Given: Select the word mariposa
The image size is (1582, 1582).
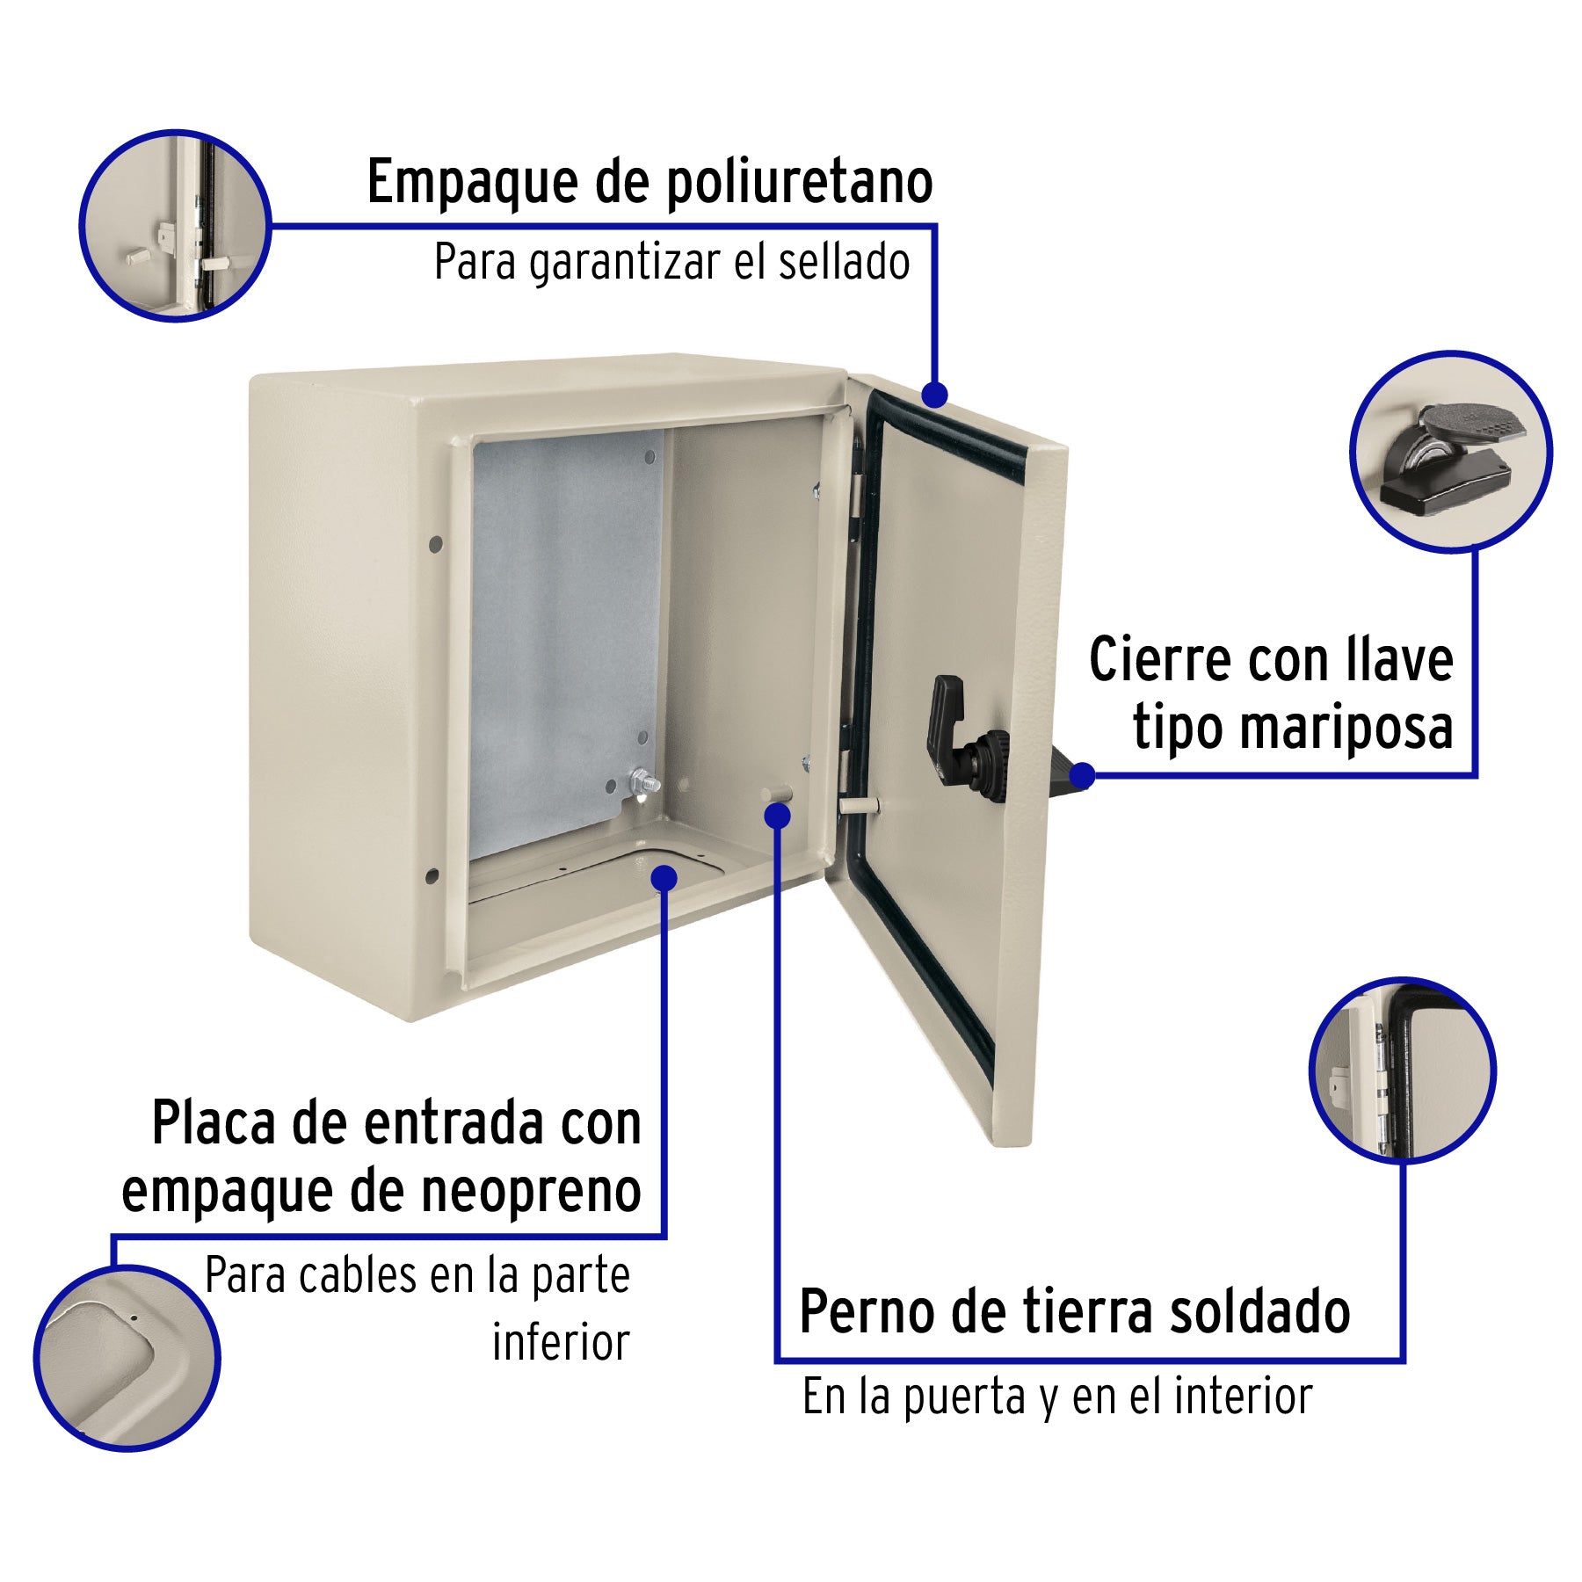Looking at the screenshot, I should pos(1293,728).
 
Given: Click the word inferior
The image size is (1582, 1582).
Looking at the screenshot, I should pos(561,1342).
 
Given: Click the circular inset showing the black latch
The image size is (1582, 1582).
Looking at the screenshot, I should pos(1451,452).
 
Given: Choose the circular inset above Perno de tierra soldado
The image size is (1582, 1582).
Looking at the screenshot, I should pos(1403,1070).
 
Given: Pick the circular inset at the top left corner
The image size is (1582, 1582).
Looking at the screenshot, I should pos(176,226).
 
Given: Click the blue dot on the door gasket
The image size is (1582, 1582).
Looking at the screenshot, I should pos(935,395).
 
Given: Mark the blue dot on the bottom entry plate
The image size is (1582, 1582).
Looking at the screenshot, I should pos(664,877).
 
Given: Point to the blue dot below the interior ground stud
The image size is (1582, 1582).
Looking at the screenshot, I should pos(777,816).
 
